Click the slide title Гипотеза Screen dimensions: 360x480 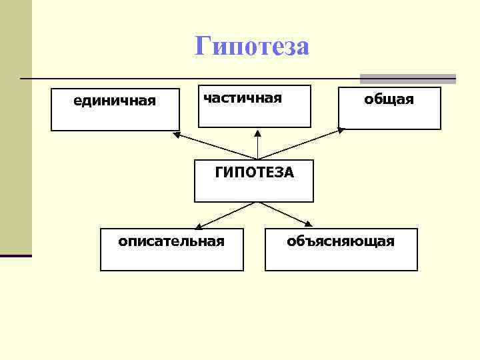click(x=252, y=47)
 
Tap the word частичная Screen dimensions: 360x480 click(x=243, y=98)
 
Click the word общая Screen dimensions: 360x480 click(x=389, y=99)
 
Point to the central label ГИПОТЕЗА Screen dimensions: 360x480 click(x=254, y=173)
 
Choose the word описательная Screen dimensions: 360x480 click(x=171, y=241)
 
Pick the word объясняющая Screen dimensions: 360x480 click(x=341, y=241)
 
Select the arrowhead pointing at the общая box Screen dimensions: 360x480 click(x=341, y=132)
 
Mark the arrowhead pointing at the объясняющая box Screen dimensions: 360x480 click(x=310, y=225)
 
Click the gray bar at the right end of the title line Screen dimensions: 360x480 click(x=408, y=79)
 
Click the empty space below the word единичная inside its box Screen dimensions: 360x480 click(x=115, y=119)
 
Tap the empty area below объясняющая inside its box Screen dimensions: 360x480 click(x=341, y=259)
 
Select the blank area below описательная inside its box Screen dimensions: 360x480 click(x=171, y=259)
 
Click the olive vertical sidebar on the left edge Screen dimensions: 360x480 click(x=15, y=133)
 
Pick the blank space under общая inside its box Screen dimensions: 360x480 click(x=389, y=117)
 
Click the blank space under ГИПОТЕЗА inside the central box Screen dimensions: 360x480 click(x=254, y=190)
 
